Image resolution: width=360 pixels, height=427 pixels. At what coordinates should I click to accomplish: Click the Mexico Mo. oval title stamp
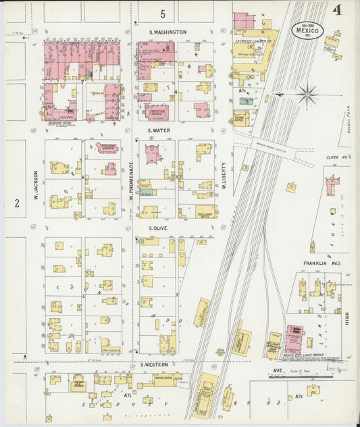point(309,30)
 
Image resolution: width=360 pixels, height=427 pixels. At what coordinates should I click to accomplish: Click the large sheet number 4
point(336,9)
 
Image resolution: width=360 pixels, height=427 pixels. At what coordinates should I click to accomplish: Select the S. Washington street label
point(168,32)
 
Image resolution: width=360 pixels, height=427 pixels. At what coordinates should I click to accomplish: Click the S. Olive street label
point(158,228)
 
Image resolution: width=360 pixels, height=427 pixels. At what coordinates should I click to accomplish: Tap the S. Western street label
point(154,364)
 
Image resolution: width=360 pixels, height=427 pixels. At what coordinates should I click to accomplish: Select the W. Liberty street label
point(224,178)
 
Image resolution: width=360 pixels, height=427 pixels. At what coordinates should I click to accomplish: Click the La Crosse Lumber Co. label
point(254,41)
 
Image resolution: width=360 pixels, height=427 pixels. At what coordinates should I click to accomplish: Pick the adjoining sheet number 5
point(162,14)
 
